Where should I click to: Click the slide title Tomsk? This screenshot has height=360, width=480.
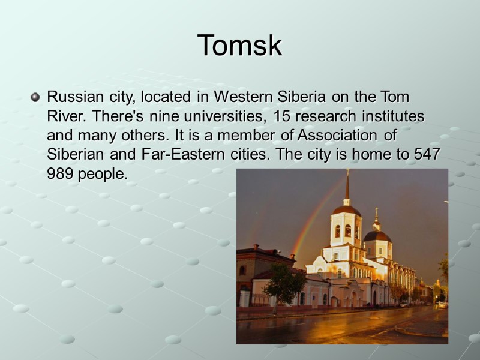tap(239, 46)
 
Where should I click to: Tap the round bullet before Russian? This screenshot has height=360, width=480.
tap(35, 96)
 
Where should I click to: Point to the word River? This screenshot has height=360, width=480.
tap(64, 115)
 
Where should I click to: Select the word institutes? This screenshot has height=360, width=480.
tap(392, 115)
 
